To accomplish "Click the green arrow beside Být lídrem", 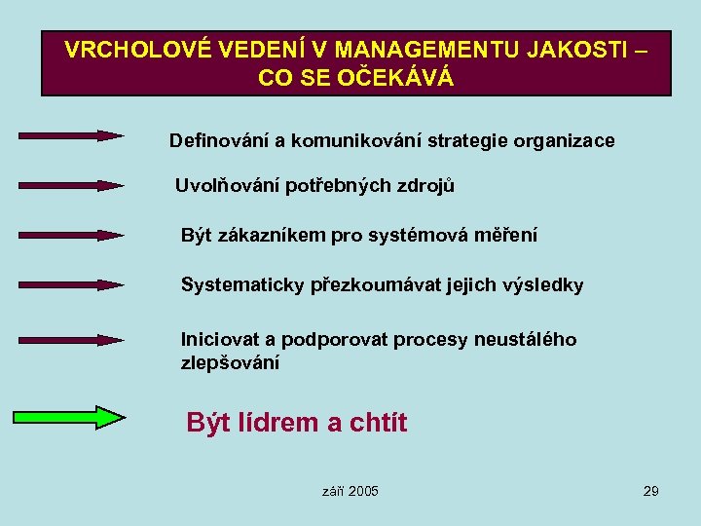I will click(x=68, y=418).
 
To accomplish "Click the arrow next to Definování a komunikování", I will click(x=70, y=135).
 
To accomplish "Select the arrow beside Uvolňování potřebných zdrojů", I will click(x=70, y=184).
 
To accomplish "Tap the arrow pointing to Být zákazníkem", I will click(x=70, y=235).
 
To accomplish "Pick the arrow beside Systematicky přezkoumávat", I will click(x=70, y=284).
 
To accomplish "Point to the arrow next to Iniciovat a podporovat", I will click(x=70, y=340).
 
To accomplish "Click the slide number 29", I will click(x=650, y=491).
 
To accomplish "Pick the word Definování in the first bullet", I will click(x=219, y=140).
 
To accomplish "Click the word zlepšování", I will click(x=230, y=363).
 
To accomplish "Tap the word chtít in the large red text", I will click(x=377, y=423).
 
